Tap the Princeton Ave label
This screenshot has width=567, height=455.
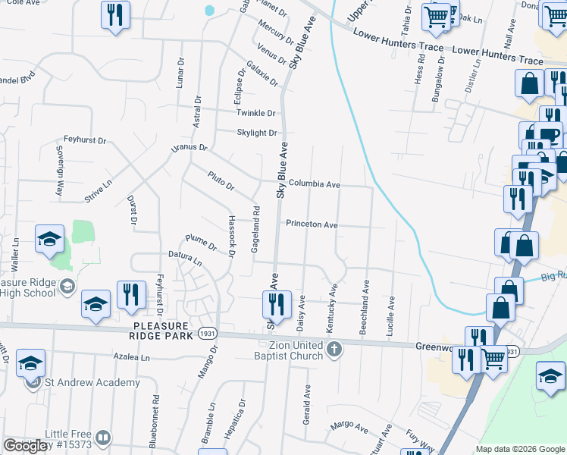click(x=312, y=224)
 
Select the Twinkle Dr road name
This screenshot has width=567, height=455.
click(x=256, y=113)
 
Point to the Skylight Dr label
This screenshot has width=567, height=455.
click(x=256, y=133)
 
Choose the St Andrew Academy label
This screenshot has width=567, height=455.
click(x=92, y=382)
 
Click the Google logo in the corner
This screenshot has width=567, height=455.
click(x=25, y=446)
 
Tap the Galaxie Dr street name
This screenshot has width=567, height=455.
click(x=262, y=73)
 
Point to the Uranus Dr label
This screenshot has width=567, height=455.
click(x=189, y=147)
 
